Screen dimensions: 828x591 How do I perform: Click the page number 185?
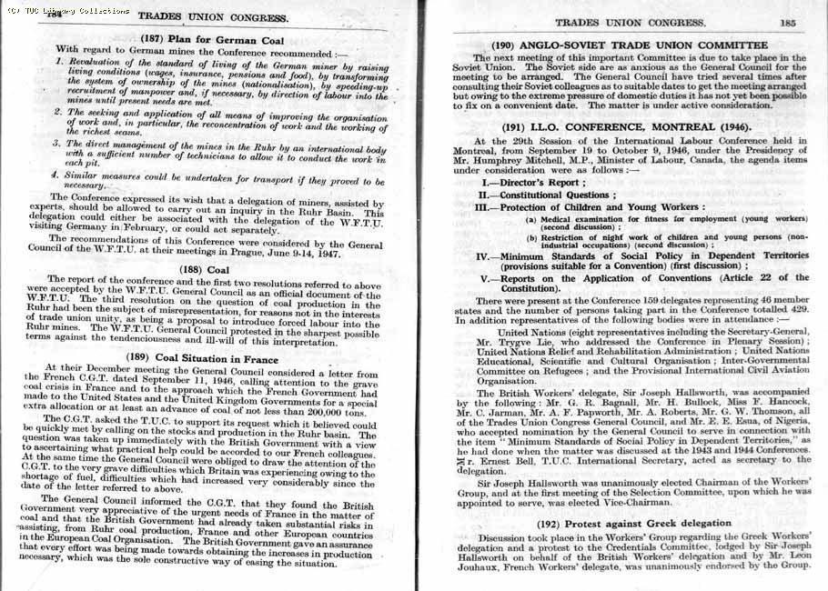tap(788, 23)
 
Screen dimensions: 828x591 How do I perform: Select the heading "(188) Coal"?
tap(205, 269)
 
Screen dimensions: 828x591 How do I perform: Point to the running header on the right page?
tap(624, 23)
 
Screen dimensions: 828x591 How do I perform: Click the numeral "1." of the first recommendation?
tap(57, 62)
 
